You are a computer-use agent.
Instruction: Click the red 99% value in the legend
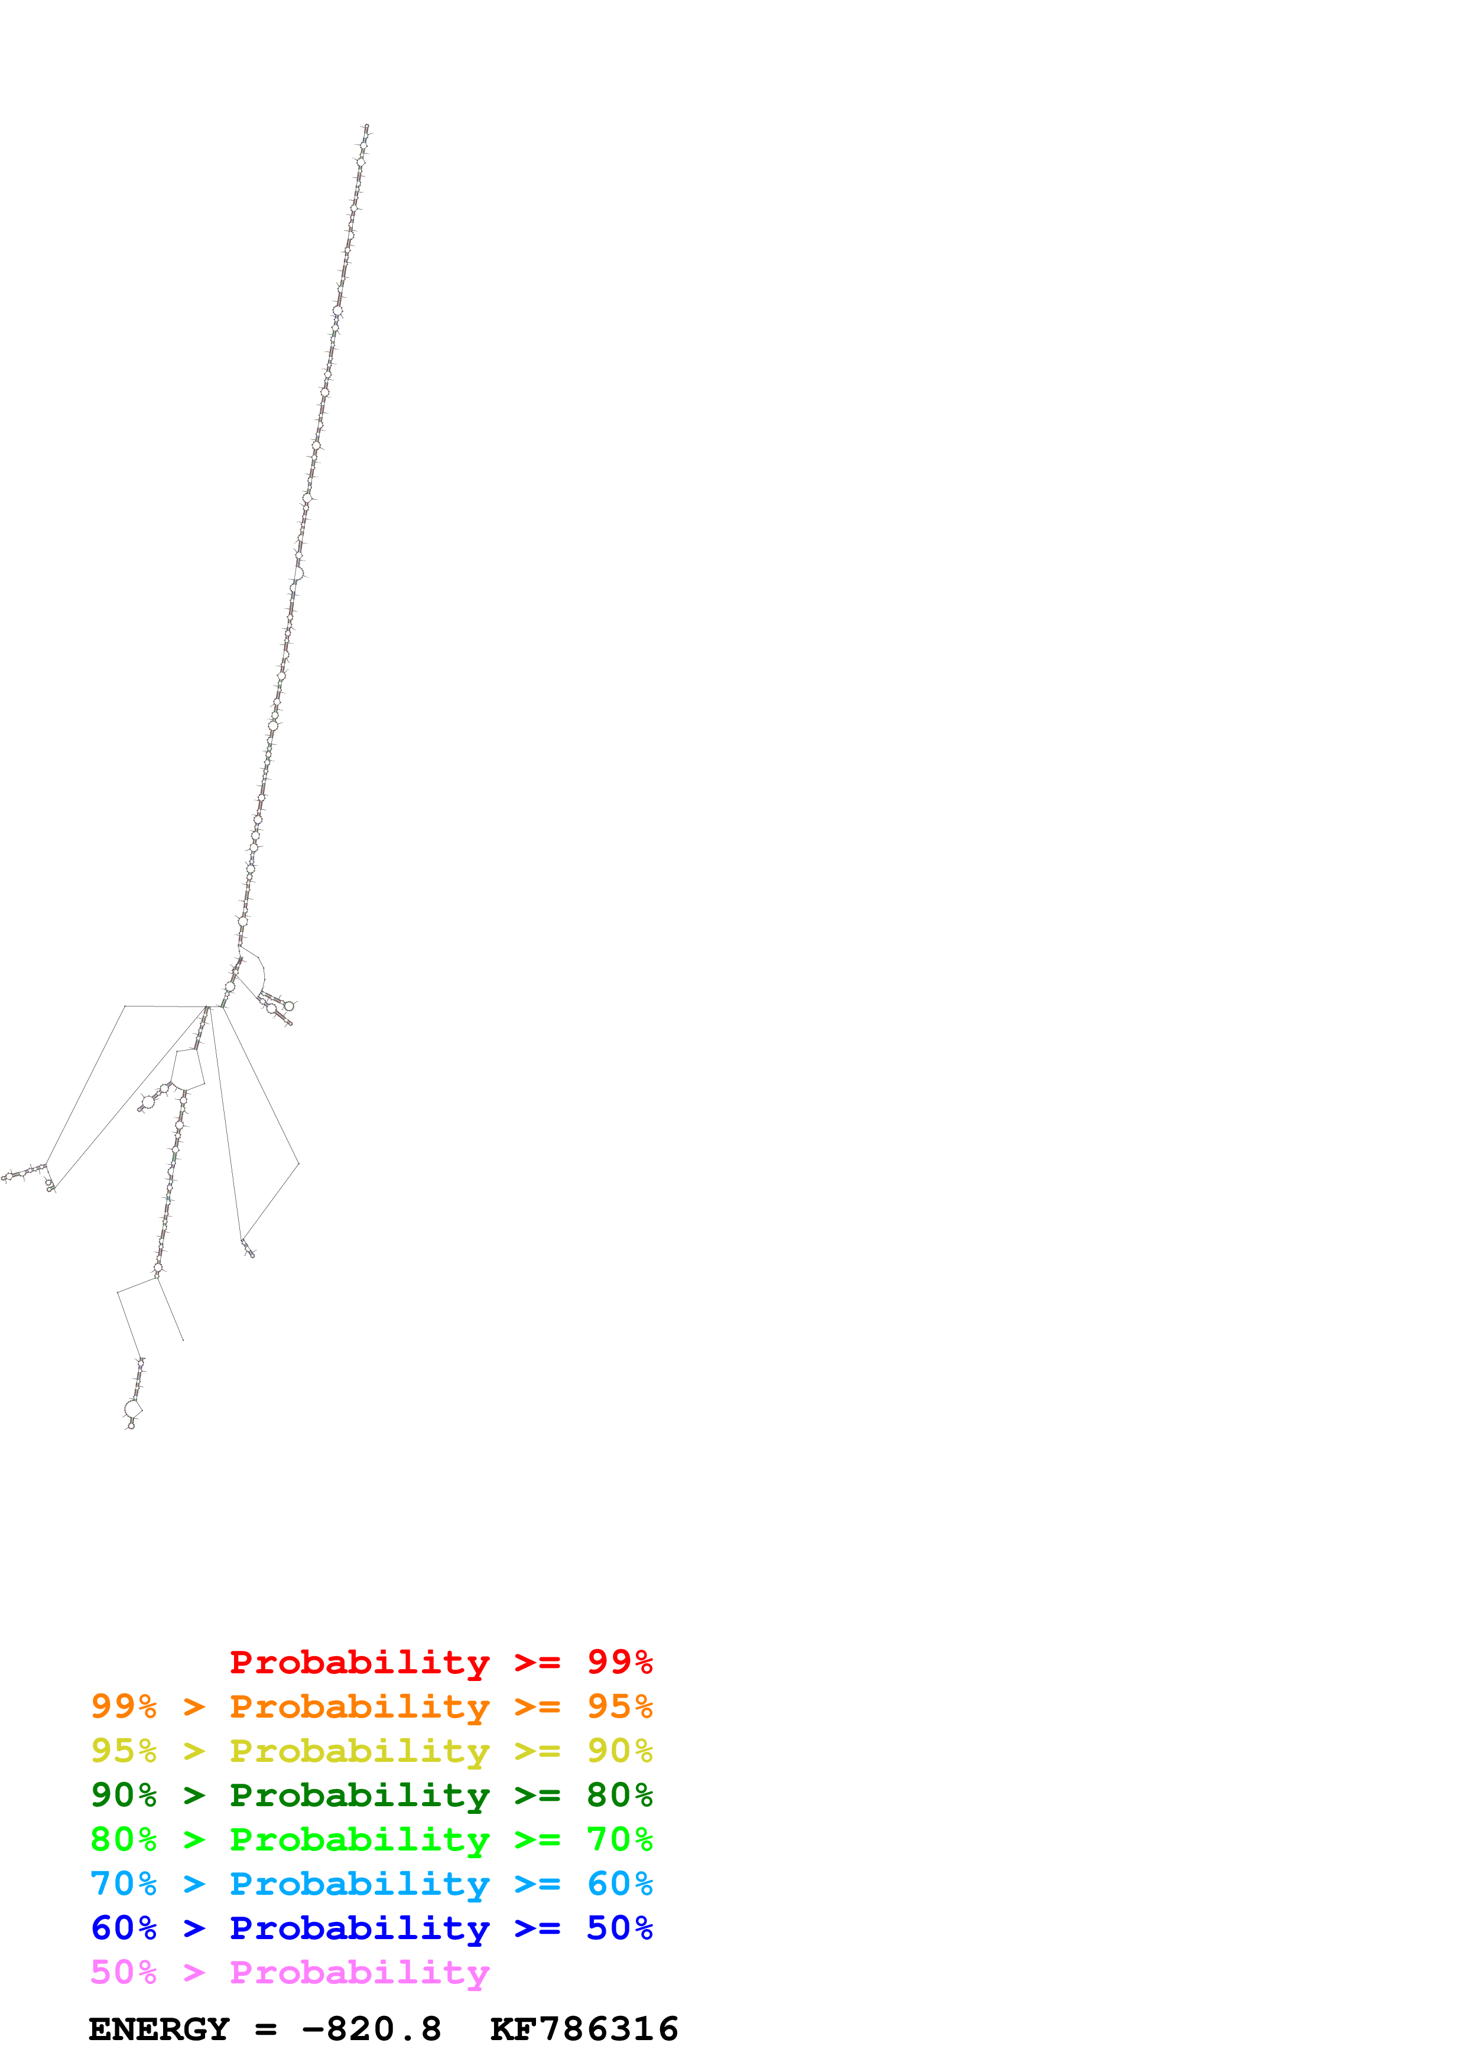tap(619, 1661)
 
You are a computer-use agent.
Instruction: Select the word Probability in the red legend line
tap(359, 1661)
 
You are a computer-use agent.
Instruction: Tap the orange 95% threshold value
tap(619, 1706)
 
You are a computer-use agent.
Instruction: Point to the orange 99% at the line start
tap(124, 1706)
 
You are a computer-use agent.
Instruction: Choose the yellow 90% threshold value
tap(619, 1751)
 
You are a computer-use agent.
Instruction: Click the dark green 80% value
tap(619, 1795)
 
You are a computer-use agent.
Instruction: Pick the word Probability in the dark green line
tap(359, 1795)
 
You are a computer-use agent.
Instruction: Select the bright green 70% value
tap(619, 1839)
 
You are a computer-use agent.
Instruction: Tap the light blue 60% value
tap(619, 1884)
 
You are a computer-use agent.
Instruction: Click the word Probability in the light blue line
tap(359, 1884)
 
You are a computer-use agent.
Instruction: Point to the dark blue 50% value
tap(619, 1928)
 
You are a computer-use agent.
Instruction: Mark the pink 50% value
tap(124, 1972)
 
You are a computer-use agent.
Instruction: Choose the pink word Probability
tap(359, 1972)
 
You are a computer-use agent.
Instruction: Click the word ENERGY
tap(159, 2029)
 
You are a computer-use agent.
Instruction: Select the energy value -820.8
tap(371, 2029)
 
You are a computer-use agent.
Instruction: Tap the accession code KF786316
tap(584, 2029)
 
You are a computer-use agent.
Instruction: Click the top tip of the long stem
tap(366, 127)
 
